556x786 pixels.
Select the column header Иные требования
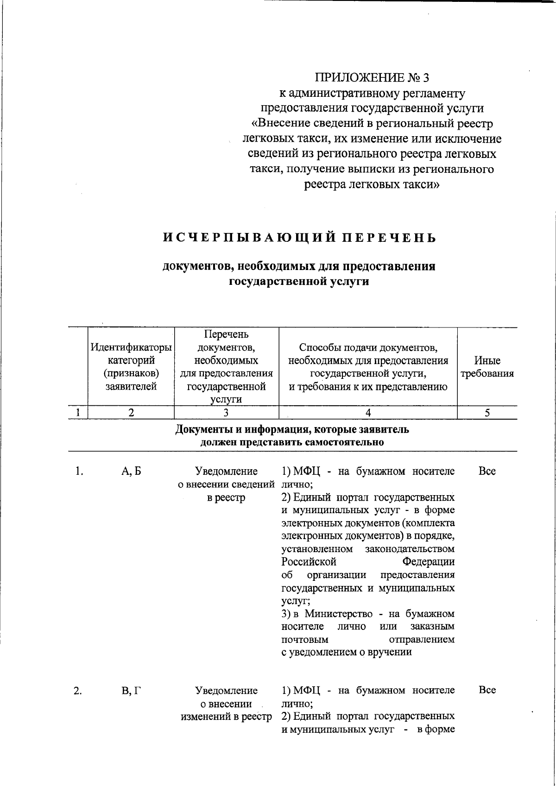click(x=487, y=367)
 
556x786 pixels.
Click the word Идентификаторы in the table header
click(x=131, y=347)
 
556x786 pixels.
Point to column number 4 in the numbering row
click(x=368, y=413)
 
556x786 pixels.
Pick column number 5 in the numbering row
click(x=487, y=413)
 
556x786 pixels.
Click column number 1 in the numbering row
click(x=78, y=413)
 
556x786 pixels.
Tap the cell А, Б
click(x=131, y=472)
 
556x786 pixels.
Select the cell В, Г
click(x=131, y=691)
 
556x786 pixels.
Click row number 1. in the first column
click(x=79, y=472)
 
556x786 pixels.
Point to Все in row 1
click(x=487, y=472)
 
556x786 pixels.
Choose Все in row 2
click(x=487, y=690)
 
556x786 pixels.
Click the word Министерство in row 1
click(x=339, y=614)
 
